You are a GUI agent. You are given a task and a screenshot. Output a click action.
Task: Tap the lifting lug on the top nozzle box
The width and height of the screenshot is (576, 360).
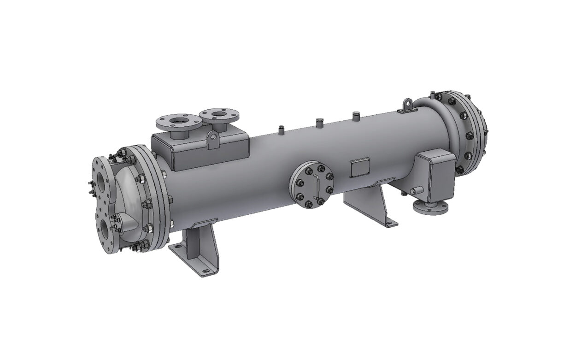(x=212, y=140)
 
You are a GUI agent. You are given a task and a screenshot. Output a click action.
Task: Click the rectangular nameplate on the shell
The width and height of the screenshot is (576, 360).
(x=359, y=168)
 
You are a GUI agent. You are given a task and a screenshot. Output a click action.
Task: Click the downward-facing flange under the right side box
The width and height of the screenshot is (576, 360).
(x=430, y=207)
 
